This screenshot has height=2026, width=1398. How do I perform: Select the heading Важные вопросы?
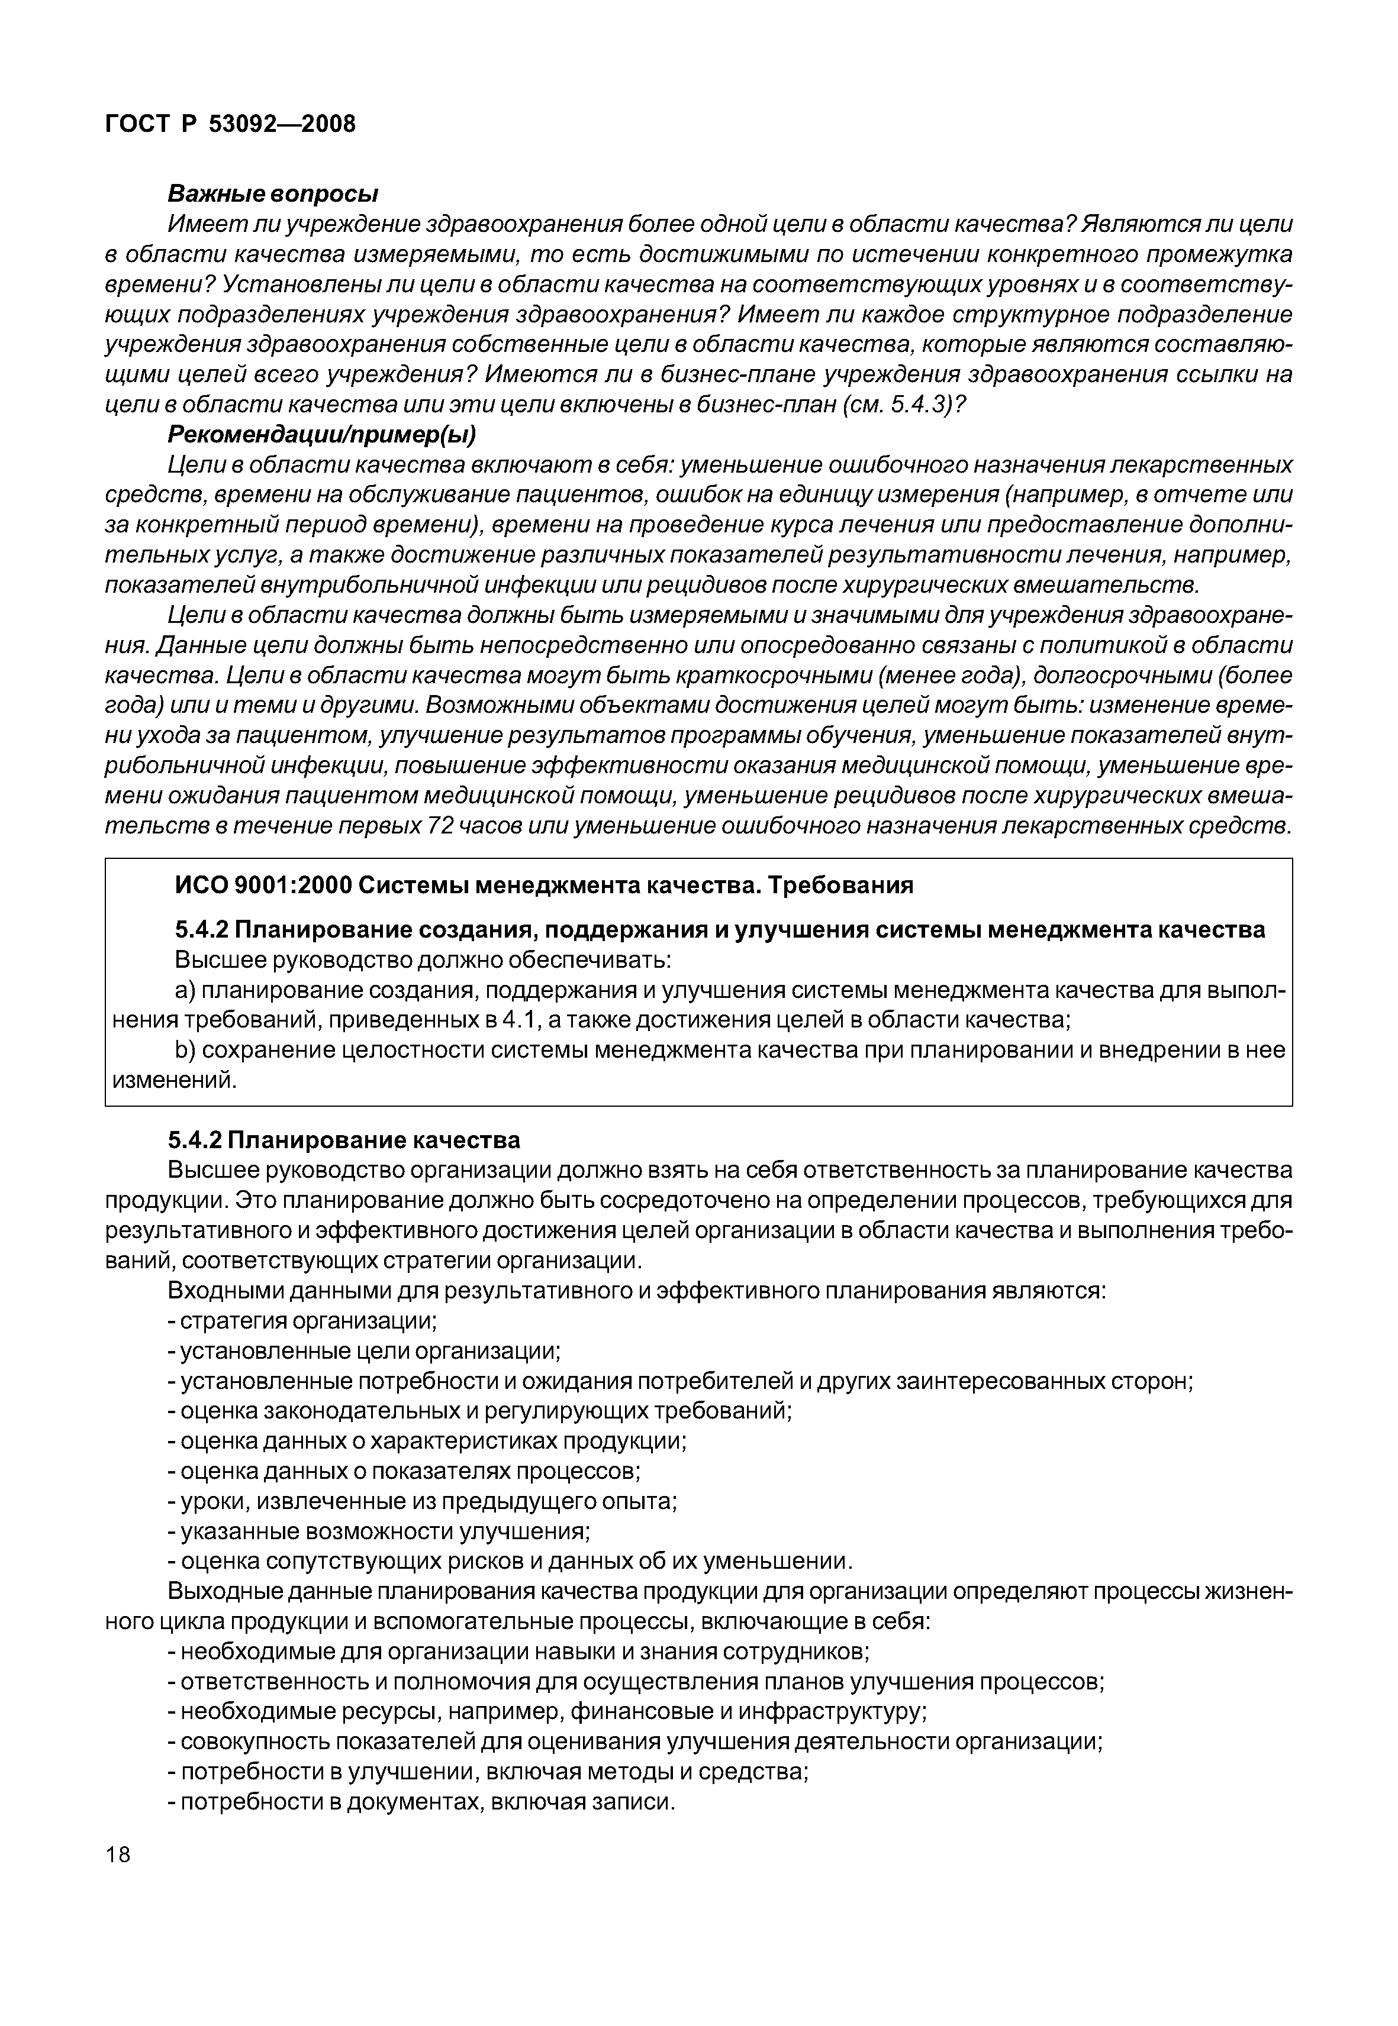pos(272,193)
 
